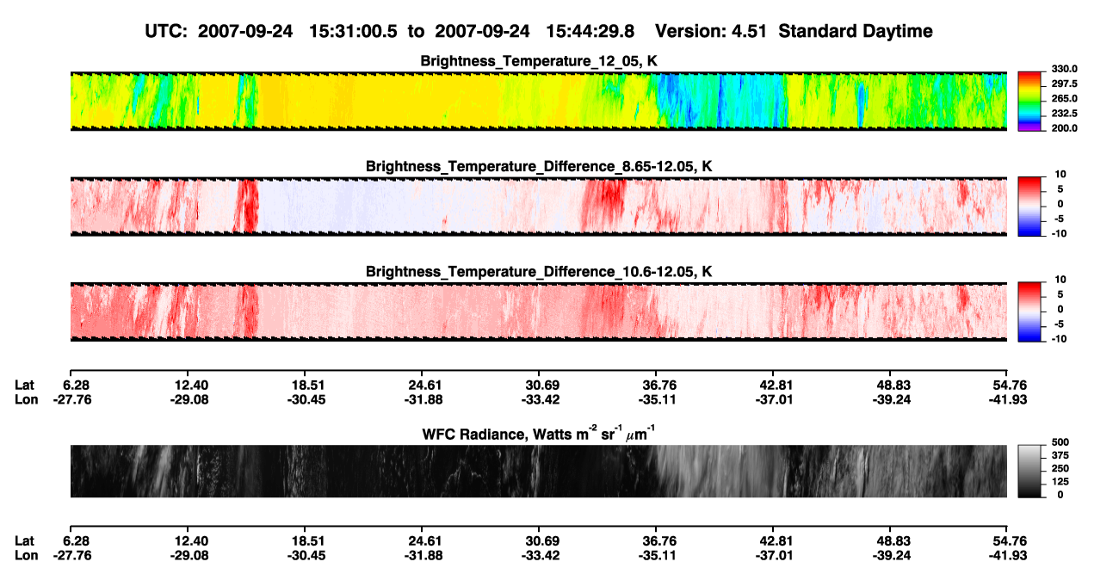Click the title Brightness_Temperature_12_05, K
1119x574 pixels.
pos(539,61)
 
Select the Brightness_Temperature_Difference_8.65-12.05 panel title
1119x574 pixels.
pos(539,166)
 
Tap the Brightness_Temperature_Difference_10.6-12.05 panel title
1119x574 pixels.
pos(539,272)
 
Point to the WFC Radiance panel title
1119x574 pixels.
pos(539,433)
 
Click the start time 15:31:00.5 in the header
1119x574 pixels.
pos(353,32)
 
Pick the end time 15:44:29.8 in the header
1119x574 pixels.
pos(590,32)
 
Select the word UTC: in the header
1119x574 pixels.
pos(166,32)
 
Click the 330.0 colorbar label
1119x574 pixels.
pos(1064,69)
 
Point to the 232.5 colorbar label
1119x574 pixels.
pos(1064,114)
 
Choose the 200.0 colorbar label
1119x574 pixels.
pos(1064,128)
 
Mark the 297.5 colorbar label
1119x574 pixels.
pos(1064,84)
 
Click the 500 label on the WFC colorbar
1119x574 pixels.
pos(1060,442)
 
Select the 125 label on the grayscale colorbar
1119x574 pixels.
pos(1060,482)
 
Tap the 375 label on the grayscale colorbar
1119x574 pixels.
pos(1060,455)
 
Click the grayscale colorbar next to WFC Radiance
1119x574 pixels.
pos(1029,471)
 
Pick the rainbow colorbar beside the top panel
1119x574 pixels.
pos(1029,102)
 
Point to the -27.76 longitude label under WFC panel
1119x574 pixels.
pos(72,556)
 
